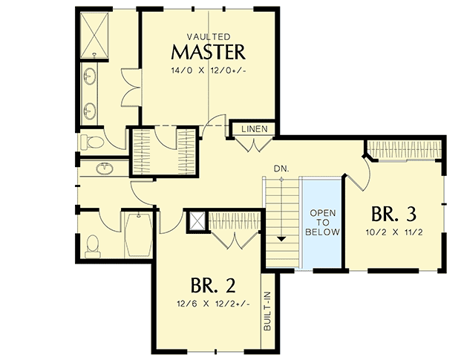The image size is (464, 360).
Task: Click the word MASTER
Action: (x=208, y=52)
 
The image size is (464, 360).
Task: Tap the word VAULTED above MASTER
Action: (x=208, y=36)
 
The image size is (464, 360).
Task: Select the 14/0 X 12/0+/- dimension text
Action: (x=208, y=70)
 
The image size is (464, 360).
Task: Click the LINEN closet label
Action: (x=254, y=130)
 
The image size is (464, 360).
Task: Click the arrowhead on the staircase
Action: (x=281, y=239)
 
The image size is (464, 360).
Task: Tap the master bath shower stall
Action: (x=94, y=34)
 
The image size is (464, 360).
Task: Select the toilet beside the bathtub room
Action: (x=93, y=245)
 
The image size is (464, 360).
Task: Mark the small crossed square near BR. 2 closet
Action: (x=196, y=220)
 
